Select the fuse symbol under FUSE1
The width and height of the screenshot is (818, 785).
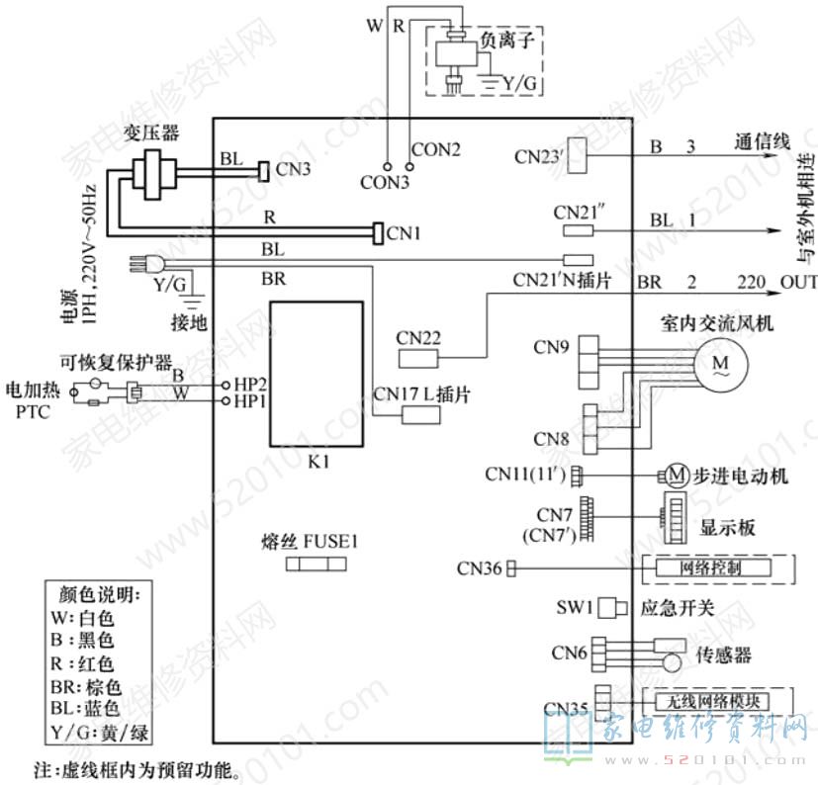click(316, 564)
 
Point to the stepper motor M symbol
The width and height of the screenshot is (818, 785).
click(675, 477)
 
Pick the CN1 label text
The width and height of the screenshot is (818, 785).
click(404, 233)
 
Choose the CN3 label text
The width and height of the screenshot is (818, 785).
click(294, 170)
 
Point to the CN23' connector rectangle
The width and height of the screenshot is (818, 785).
click(583, 154)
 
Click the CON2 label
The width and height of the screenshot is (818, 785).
click(436, 150)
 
